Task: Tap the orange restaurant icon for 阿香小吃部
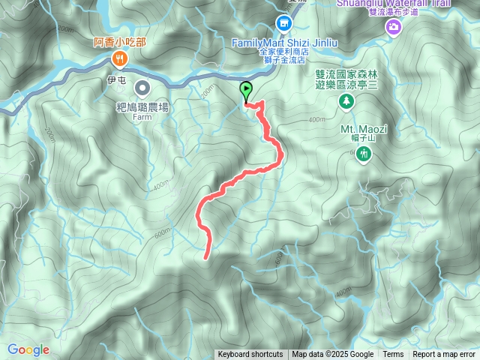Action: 118,59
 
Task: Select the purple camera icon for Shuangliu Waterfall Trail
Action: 393,27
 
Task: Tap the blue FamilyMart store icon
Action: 284,25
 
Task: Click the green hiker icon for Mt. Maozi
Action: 364,154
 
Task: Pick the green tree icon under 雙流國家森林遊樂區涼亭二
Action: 346,100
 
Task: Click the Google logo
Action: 28,349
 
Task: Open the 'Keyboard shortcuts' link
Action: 250,355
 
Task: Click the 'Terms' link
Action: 393,355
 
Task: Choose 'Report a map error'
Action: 444,355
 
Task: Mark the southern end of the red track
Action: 206,257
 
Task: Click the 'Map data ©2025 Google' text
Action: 333,355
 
